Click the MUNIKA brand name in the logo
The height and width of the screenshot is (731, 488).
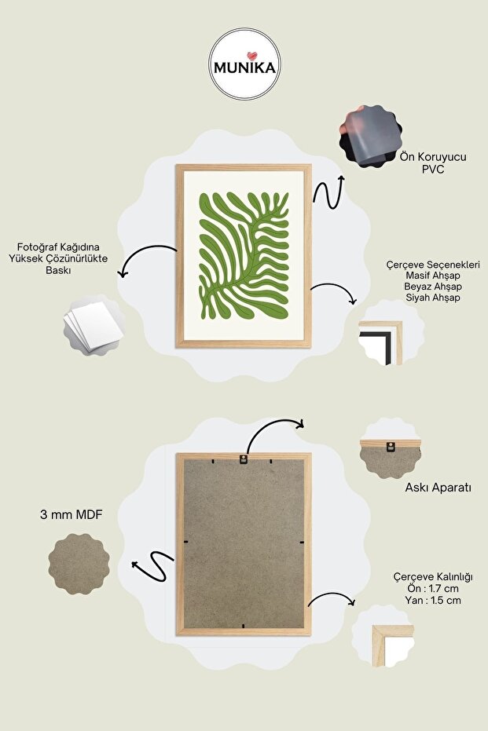[244, 68]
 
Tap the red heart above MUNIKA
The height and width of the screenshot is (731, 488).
[252, 56]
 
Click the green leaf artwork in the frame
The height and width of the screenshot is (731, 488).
[244, 255]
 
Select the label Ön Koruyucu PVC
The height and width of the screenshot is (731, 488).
[433, 163]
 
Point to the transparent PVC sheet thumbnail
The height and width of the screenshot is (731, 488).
[371, 136]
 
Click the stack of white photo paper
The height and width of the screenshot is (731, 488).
[94, 326]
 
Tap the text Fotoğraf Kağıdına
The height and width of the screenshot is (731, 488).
[58, 247]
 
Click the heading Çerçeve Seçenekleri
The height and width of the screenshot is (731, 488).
[433, 265]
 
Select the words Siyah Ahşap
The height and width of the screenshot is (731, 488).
[433, 298]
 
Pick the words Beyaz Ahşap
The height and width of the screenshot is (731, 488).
[433, 287]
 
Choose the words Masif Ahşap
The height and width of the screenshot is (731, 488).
[433, 276]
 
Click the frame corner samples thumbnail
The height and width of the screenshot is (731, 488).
[380, 342]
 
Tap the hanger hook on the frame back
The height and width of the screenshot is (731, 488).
[243, 459]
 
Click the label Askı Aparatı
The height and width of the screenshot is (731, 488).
[438, 488]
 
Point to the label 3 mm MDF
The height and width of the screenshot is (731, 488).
[72, 515]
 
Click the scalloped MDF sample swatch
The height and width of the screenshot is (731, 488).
[79, 565]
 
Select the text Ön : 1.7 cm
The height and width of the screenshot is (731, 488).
[433, 588]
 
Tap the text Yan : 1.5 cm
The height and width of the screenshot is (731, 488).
[433, 600]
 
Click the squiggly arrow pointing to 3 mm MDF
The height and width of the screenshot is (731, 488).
[154, 566]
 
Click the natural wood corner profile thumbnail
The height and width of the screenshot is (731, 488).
[392, 645]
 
